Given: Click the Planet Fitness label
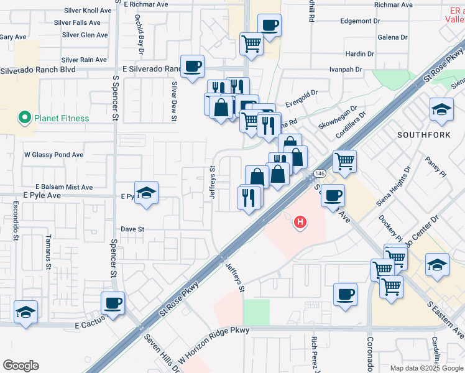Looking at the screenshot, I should (62, 118).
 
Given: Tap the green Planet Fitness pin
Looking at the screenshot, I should (25, 117).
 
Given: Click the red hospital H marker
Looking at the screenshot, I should (301, 221).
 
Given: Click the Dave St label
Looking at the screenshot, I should (132, 229).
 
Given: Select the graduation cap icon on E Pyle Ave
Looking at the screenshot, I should (146, 193).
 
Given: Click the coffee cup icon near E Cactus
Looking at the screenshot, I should (113, 303).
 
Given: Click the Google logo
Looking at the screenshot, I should (21, 366).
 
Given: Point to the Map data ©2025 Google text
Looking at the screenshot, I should (426, 368).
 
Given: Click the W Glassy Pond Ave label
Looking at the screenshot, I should (53, 155).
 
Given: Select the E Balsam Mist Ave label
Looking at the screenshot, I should (64, 187).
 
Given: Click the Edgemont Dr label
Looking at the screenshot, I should (360, 21).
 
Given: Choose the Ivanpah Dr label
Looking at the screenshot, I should (346, 69).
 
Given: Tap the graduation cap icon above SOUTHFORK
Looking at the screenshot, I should (441, 110).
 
